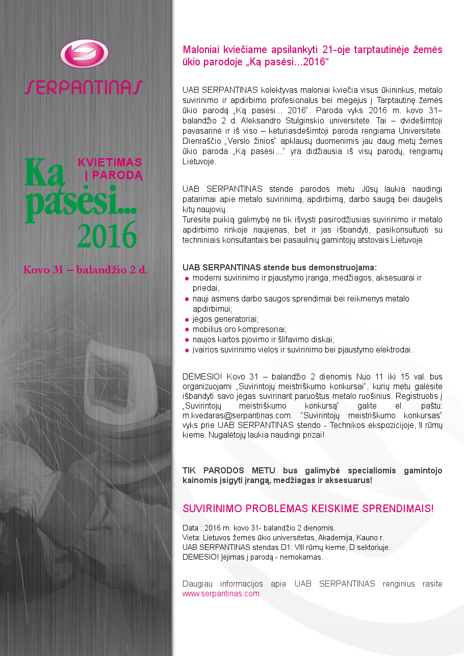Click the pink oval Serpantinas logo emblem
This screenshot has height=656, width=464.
84,54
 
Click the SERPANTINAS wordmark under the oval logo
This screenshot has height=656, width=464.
84,87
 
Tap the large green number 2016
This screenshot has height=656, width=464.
107,235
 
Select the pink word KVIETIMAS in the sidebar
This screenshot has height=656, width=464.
110,162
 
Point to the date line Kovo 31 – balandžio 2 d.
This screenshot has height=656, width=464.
85,270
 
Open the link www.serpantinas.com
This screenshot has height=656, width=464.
221,594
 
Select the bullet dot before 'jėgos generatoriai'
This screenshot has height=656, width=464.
187,320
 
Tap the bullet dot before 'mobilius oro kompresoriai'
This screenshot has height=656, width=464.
187,330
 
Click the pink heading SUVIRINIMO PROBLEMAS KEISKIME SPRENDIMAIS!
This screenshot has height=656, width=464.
308,509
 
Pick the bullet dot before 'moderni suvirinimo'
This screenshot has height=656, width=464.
187,279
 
